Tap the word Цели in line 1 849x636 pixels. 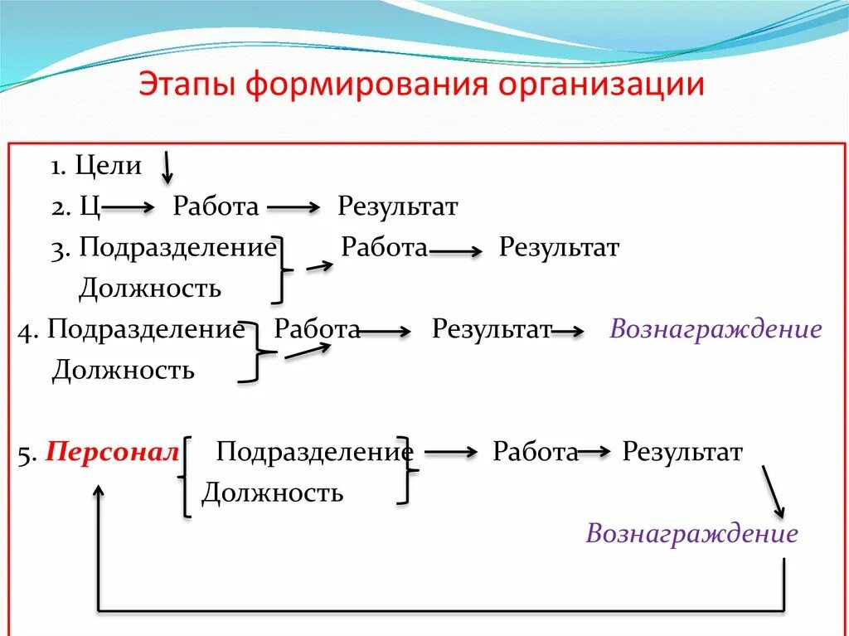click(x=108, y=165)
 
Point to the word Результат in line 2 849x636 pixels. click(x=397, y=206)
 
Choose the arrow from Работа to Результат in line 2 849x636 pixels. click(x=294, y=208)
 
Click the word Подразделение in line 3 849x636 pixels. click(x=177, y=247)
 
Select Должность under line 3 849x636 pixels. click(x=149, y=288)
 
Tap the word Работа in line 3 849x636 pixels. click(x=385, y=247)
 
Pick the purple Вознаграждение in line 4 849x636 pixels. click(x=716, y=329)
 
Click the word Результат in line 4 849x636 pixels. click(x=492, y=329)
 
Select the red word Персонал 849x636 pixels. click(x=112, y=453)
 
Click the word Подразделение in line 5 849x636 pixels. click(x=314, y=452)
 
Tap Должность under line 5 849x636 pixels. click(x=272, y=493)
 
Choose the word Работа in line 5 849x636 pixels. click(x=535, y=452)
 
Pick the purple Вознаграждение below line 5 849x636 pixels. click(x=691, y=533)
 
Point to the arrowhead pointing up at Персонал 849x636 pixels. click(x=99, y=491)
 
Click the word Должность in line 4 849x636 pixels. click(x=123, y=370)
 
